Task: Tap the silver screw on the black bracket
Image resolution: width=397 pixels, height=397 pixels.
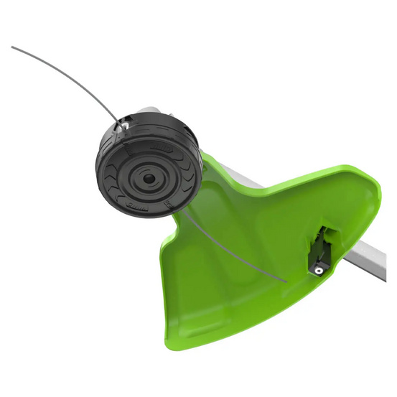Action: coord(316,268)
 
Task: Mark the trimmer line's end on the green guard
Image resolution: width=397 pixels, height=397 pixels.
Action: coord(286,279)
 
